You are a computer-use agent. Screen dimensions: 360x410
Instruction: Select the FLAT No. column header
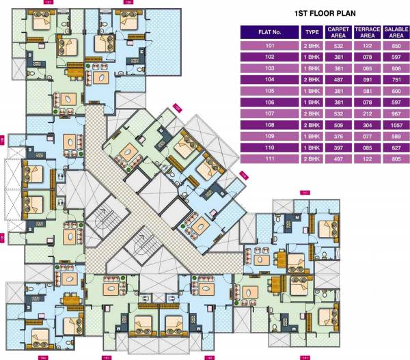click(270, 32)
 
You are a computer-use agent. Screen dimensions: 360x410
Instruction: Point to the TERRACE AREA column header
click(367, 32)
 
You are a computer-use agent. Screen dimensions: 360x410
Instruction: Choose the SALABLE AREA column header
click(396, 32)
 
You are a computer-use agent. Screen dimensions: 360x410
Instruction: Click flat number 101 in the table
click(270, 46)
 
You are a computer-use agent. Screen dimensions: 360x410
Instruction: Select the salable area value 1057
click(396, 125)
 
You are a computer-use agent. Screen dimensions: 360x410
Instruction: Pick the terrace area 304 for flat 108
click(367, 125)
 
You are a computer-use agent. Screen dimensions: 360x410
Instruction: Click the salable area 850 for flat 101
click(396, 46)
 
